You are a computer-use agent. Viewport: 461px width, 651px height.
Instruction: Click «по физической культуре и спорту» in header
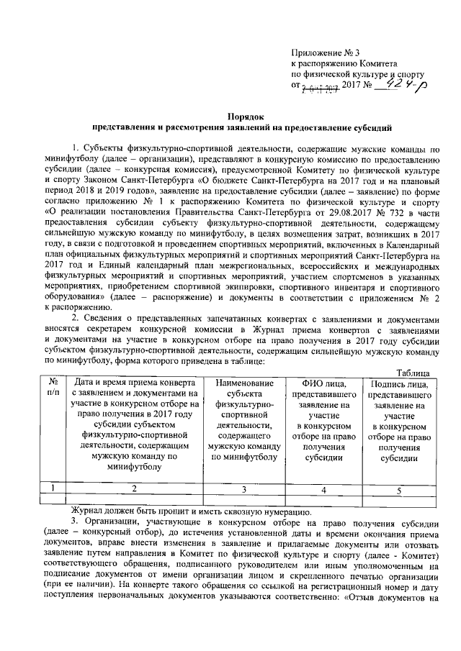pos(357,74)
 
